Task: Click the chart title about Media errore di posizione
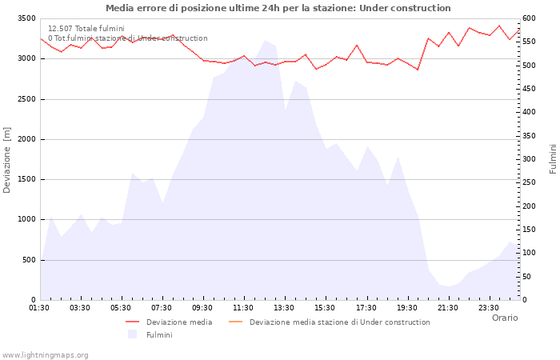pyautogui.click(x=278, y=8)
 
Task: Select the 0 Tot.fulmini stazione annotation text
pyautogui.click(x=127, y=38)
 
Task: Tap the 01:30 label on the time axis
pyautogui.click(x=39, y=307)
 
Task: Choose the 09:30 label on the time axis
pyautogui.click(x=202, y=307)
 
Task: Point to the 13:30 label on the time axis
pyautogui.click(x=284, y=307)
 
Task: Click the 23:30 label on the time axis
pyautogui.click(x=488, y=307)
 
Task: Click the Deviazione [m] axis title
pyautogui.click(x=7, y=159)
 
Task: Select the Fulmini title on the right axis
pyautogui.click(x=553, y=159)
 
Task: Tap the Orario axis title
pyautogui.click(x=504, y=318)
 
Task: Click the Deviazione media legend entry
pyautogui.click(x=178, y=322)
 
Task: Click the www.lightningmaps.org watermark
pyautogui.click(x=46, y=354)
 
